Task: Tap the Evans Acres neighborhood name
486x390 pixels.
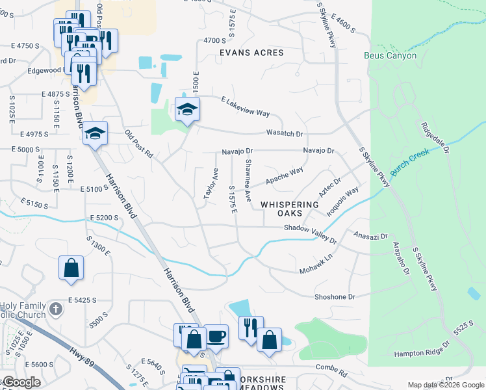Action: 251,53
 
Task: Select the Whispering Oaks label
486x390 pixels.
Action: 290,209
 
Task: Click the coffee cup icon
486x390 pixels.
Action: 216,336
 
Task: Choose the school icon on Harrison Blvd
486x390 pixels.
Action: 96,134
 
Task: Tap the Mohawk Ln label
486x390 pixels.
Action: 316,263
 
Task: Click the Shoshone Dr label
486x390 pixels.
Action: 335,296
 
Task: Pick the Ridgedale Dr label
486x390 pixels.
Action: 435,138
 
